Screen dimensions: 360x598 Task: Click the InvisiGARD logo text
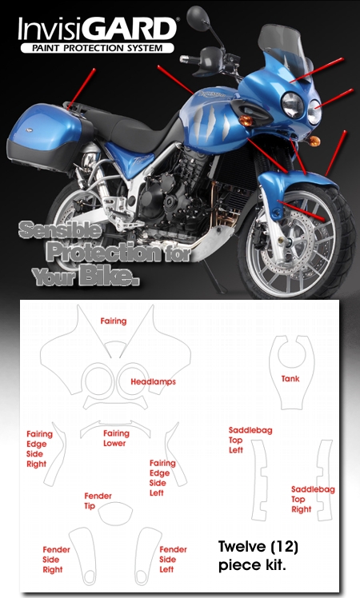pos(97,29)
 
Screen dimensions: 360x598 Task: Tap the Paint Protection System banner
pos(98,48)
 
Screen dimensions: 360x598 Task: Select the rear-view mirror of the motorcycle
pos(198,17)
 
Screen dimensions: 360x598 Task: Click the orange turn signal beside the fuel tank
pos(246,121)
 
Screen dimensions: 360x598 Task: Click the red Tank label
pos(290,379)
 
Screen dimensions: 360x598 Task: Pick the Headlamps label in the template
pos(153,382)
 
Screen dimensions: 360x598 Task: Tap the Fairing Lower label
pos(116,438)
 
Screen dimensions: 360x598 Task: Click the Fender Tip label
pos(98,500)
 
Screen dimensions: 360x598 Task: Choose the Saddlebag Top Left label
pos(250,441)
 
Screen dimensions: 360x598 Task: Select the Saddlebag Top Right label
pos(313,499)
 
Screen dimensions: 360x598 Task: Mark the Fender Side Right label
pos(56,560)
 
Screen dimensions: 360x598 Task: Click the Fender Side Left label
pos(173,560)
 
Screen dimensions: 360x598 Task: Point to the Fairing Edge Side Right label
pos(39,448)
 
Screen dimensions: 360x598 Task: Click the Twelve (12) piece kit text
pos(258,556)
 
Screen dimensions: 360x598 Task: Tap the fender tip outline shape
pos(115,512)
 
